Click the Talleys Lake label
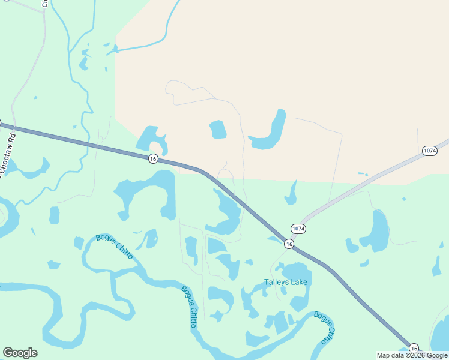285,282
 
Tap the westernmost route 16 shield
153,158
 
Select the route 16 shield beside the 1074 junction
289,244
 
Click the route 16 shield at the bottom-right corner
414,349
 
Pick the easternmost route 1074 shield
429,151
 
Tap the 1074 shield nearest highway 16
298,229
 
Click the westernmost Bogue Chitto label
114,247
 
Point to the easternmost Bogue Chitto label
324,328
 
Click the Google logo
20,353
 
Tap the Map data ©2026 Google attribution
412,355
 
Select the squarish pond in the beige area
218,129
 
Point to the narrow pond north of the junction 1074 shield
292,193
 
